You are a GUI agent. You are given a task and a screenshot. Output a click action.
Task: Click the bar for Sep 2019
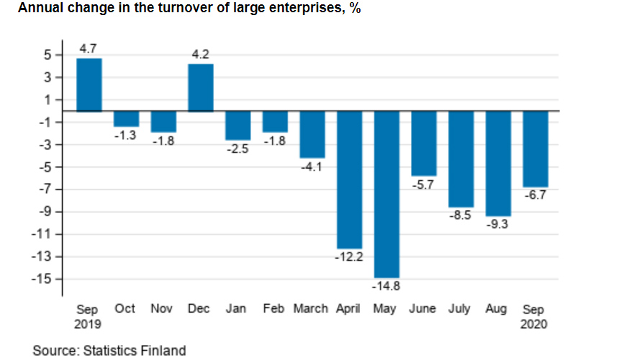[x=89, y=85]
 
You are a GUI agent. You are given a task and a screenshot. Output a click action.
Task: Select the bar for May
[x=386, y=194]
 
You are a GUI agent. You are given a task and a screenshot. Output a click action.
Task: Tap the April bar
[x=349, y=180]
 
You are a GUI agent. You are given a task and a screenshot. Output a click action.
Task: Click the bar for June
[x=423, y=143]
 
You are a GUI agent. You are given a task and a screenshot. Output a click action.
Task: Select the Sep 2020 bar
[x=535, y=149]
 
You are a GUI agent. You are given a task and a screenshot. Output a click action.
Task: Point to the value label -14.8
[x=386, y=287]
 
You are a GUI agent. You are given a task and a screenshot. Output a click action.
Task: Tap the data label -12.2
[x=349, y=257]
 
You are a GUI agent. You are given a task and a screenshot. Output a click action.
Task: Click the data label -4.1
[x=312, y=166]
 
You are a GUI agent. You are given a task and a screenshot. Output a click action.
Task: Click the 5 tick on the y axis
[x=47, y=55]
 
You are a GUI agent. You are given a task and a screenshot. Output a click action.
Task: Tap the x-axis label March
[x=312, y=309]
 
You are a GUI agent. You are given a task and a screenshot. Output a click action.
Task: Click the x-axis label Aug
[x=497, y=309]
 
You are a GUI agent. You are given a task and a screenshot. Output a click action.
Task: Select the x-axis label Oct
[x=125, y=309]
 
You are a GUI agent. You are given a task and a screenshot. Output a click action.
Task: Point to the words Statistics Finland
[x=134, y=351]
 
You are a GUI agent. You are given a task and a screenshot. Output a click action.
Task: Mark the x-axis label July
[x=460, y=309]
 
